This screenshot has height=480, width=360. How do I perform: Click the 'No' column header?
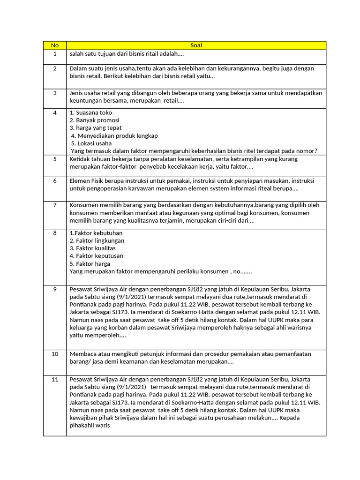(x=55, y=45)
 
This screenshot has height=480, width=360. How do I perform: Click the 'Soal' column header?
(x=196, y=45)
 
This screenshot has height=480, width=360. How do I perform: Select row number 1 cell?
(x=55, y=54)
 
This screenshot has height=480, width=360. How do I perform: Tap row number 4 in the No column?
(x=55, y=113)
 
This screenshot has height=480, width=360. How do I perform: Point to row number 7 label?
(x=55, y=205)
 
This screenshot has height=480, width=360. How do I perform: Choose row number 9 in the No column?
(x=55, y=289)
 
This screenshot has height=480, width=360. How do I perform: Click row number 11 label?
(x=55, y=379)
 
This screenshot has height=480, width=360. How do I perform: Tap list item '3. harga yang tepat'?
(x=96, y=128)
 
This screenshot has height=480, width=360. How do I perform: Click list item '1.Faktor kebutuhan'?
(x=96, y=233)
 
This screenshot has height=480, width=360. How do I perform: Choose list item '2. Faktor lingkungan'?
(x=97, y=240)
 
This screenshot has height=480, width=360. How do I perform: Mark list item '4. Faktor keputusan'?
(x=97, y=256)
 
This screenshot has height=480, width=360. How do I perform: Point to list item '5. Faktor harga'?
(x=90, y=263)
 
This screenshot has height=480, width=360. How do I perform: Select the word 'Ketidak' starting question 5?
(x=80, y=159)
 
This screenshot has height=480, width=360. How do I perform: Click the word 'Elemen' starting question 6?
(x=79, y=181)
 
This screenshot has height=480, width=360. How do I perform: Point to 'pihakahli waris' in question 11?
(x=90, y=426)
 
